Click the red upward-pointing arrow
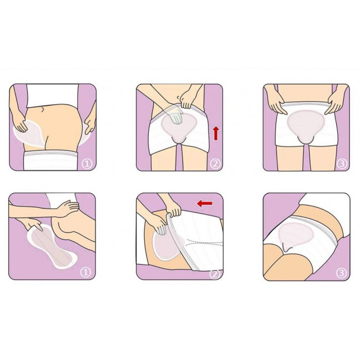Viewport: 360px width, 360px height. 216,133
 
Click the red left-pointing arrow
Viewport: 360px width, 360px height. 205,203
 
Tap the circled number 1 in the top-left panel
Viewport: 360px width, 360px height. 87,164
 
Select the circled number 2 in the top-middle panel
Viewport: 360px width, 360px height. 215,164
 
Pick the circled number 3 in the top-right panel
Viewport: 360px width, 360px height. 342,164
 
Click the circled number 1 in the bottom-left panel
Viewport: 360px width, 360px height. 85,272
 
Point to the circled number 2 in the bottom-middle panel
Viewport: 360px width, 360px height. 215,273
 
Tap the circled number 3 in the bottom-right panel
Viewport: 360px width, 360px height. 341,273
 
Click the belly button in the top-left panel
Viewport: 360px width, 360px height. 42,109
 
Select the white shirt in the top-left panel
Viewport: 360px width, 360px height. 53,95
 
